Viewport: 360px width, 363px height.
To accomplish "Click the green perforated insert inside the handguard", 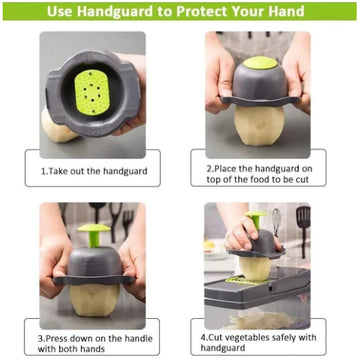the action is (92, 92).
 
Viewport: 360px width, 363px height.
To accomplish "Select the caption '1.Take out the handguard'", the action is (94, 171).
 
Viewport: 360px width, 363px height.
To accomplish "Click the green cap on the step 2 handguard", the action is (260, 63).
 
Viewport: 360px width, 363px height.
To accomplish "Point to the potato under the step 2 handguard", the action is (259, 125).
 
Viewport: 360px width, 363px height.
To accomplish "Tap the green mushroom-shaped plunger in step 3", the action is (94, 234).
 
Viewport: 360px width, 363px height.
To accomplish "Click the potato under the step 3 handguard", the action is (94, 299).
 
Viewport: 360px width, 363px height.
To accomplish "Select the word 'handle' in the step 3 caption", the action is (138, 339).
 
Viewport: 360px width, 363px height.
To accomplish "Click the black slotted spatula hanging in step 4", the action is (303, 230).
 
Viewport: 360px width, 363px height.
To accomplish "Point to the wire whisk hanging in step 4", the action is (276, 222).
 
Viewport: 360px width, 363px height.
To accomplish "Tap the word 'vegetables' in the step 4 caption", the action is (246, 338).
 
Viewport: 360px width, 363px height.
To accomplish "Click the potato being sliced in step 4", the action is (255, 268).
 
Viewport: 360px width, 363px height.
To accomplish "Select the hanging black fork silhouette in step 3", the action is (128, 223).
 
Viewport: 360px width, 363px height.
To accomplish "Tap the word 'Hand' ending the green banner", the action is (284, 11).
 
